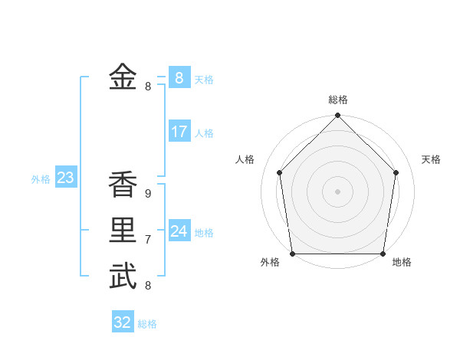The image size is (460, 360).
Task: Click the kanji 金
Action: [x=123, y=77]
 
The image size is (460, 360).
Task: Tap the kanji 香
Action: [x=123, y=185]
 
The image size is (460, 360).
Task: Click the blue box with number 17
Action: [x=179, y=132]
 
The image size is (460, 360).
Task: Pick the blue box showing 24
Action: [x=179, y=231]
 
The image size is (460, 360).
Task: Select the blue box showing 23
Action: [x=65, y=178]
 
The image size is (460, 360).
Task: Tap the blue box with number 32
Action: [x=123, y=322]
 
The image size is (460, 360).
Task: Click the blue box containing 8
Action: [x=179, y=78]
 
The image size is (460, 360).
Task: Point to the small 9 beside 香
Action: [x=148, y=194]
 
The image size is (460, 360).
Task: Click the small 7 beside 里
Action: [x=148, y=240]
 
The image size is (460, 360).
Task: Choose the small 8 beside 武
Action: [x=148, y=286]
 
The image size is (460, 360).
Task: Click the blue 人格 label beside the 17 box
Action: [x=204, y=133]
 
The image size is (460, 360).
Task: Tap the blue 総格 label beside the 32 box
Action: [x=147, y=324]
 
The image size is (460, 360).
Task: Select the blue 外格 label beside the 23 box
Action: [x=41, y=179]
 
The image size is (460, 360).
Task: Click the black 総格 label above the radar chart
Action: [x=337, y=100]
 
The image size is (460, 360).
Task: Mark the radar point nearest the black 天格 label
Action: [x=396, y=172]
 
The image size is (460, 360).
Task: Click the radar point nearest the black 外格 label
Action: [x=293, y=253]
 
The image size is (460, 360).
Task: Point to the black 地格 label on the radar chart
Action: [x=402, y=262]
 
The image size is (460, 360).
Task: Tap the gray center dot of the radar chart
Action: [x=337, y=191]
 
